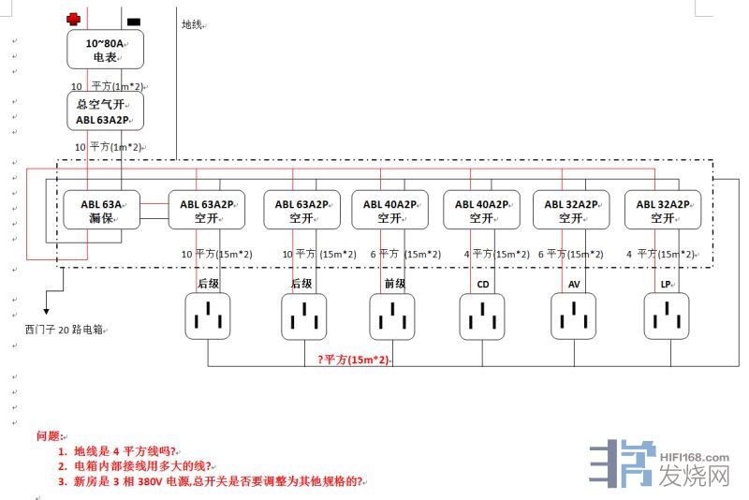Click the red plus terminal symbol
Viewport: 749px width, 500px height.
[x=74, y=19]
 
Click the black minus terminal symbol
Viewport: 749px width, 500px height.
[x=134, y=21]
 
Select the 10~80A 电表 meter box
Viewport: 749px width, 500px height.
[x=106, y=50]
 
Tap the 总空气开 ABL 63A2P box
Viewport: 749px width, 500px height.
[x=106, y=111]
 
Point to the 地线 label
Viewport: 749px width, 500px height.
[x=192, y=24]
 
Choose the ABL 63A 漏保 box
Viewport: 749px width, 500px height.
[x=101, y=211]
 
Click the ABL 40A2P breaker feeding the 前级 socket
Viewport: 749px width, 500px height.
[x=389, y=211]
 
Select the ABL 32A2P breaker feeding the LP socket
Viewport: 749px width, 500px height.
[x=664, y=211]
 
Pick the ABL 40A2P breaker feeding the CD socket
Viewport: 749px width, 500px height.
[x=481, y=211]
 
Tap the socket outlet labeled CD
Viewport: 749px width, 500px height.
[x=483, y=316]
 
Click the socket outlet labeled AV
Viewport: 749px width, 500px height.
[x=574, y=316]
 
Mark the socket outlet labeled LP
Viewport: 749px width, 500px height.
[x=666, y=316]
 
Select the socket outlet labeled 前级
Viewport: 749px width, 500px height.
[x=393, y=316]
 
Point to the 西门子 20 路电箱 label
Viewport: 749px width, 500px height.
[x=64, y=330]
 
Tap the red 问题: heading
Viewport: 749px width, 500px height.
[x=50, y=435]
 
